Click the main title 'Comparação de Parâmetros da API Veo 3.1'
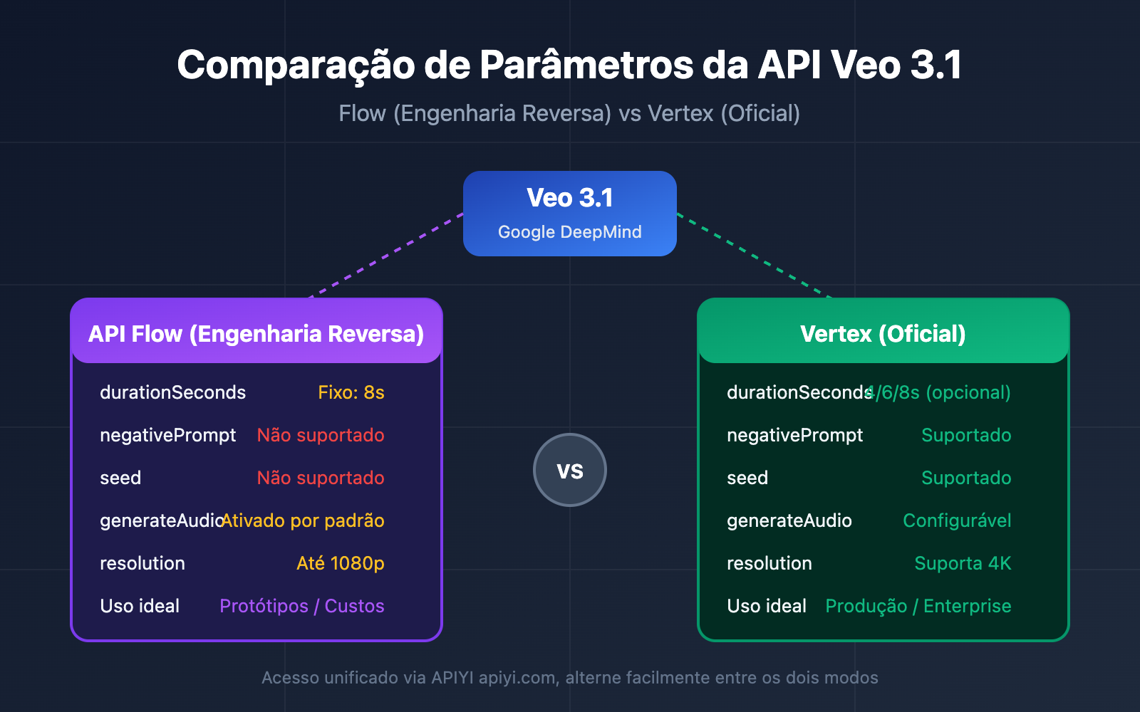point(569,66)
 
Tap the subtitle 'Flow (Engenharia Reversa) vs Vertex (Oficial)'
point(569,113)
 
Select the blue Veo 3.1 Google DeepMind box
point(569,213)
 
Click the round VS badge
point(569,470)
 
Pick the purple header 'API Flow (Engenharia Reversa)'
point(256,333)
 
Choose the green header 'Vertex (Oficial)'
point(883,333)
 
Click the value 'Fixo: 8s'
point(351,392)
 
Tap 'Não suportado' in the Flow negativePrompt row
point(321,435)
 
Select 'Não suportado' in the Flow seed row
point(321,478)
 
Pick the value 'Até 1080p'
point(341,563)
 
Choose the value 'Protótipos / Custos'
point(302,606)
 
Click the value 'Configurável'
point(957,520)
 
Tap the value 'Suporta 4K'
point(963,563)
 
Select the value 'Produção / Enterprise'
point(918,606)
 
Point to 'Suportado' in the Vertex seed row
point(966,478)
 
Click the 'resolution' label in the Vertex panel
point(769,563)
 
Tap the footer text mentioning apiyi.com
point(569,677)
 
